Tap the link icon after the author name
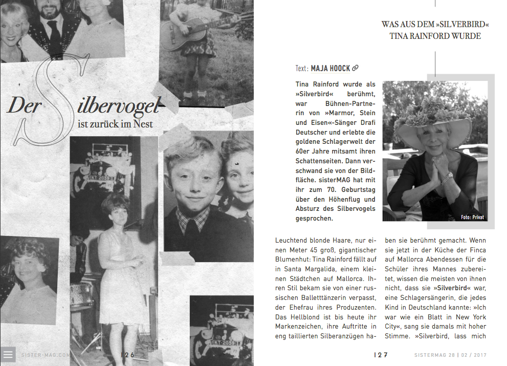pos(356,68)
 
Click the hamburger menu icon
pos(8,354)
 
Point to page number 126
pos(127,354)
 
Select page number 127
pos(381,355)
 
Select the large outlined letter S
pos(47,97)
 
